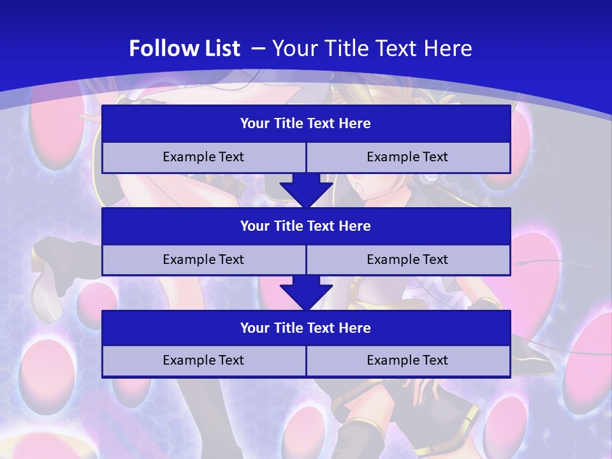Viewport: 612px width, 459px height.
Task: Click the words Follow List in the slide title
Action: click(x=184, y=48)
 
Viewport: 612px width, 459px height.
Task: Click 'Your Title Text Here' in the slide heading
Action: click(x=372, y=48)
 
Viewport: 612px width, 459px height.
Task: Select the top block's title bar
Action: click(x=306, y=124)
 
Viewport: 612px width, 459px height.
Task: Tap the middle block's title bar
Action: click(x=306, y=226)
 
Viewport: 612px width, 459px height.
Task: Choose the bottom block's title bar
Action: click(x=306, y=328)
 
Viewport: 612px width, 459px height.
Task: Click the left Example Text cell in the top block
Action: click(x=203, y=157)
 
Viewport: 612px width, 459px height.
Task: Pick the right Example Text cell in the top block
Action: click(x=408, y=157)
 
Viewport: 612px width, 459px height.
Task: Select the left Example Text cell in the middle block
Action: click(x=203, y=259)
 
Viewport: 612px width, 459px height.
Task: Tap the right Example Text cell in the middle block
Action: click(x=408, y=259)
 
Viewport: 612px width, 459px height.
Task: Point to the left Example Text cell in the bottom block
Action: click(x=203, y=360)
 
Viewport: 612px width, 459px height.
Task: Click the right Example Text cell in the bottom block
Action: click(x=408, y=360)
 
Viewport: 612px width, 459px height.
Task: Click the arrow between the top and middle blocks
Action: click(x=306, y=191)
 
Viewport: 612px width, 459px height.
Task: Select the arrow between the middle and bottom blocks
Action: click(x=306, y=293)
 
